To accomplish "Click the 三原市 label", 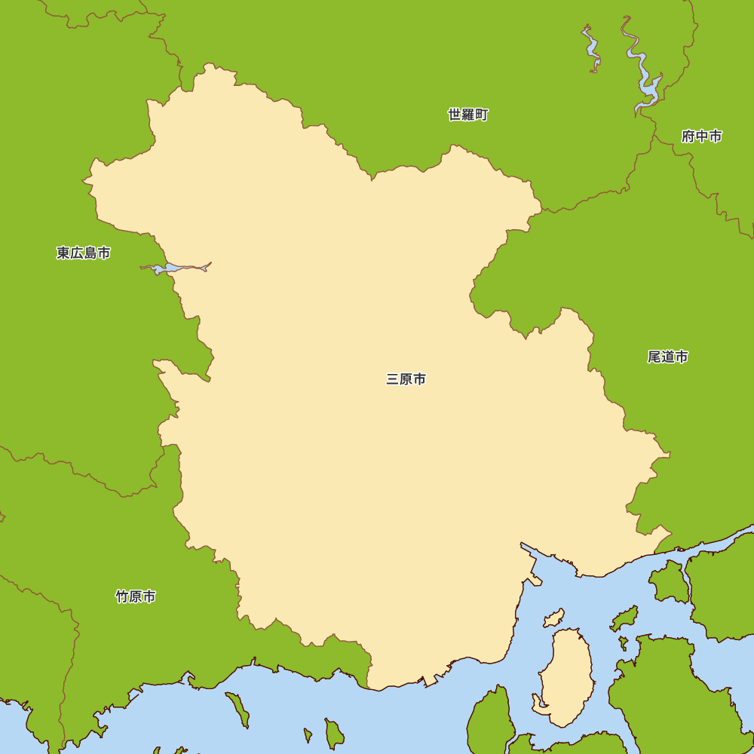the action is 406,379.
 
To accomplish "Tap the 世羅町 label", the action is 467,115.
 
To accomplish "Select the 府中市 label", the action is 701,136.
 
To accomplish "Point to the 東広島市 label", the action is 83,253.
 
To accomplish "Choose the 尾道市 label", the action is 667,357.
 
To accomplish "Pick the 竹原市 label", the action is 136,596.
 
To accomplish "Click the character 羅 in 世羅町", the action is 467,115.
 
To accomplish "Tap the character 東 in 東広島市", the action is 63,253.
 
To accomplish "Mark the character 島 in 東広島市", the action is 90,253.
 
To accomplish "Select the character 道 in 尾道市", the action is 667,357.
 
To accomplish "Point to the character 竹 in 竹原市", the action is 122,596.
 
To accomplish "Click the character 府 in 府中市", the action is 688,136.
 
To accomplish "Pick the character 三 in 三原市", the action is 392,379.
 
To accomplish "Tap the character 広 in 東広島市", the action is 77,253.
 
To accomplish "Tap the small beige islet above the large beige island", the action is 553,619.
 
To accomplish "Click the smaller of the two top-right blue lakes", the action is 592,49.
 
